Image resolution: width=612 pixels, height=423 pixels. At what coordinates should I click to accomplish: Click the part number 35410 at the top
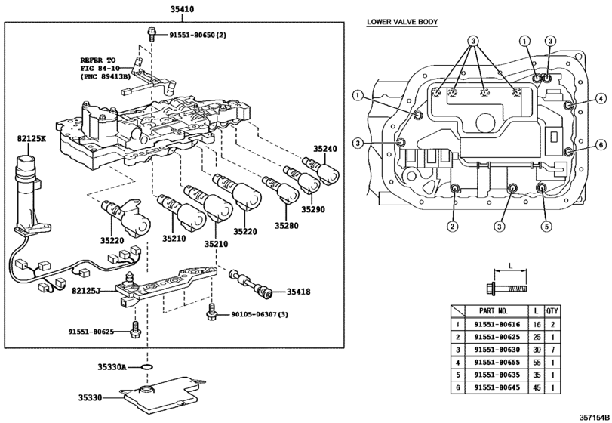coord(182,9)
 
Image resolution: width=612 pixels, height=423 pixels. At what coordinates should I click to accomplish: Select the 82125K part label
coord(31,139)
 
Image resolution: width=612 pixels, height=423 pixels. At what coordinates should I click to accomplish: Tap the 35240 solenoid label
coord(324,149)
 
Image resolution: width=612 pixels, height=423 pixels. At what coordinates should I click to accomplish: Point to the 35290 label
coord(312,209)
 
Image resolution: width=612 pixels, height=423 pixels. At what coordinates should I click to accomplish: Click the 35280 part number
coord(286,225)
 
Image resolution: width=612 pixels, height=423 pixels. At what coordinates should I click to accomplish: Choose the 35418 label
coord(299,292)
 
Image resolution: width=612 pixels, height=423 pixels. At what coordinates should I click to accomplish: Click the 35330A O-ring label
coord(112,367)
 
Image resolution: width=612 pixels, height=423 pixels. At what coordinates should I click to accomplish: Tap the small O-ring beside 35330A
coord(146,367)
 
